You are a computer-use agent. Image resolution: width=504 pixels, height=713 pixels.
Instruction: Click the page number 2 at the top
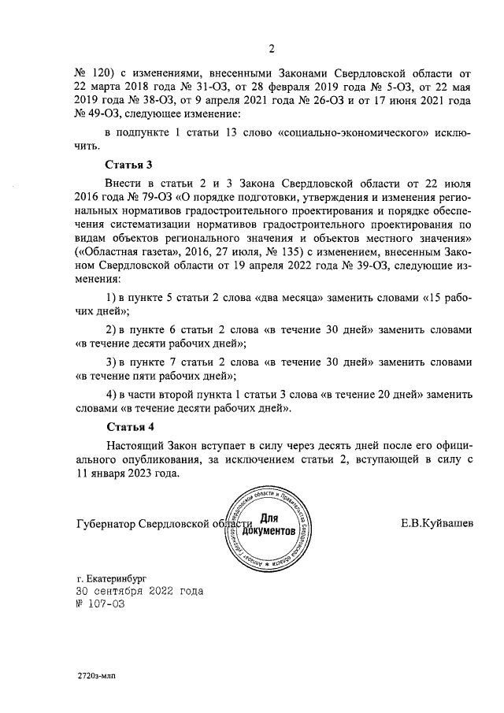[x=272, y=52]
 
